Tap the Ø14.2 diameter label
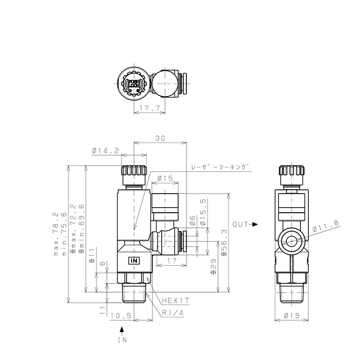105,150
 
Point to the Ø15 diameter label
165,178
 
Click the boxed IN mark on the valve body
134,260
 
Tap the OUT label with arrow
245,225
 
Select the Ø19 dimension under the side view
292,316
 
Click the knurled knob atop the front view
135,174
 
